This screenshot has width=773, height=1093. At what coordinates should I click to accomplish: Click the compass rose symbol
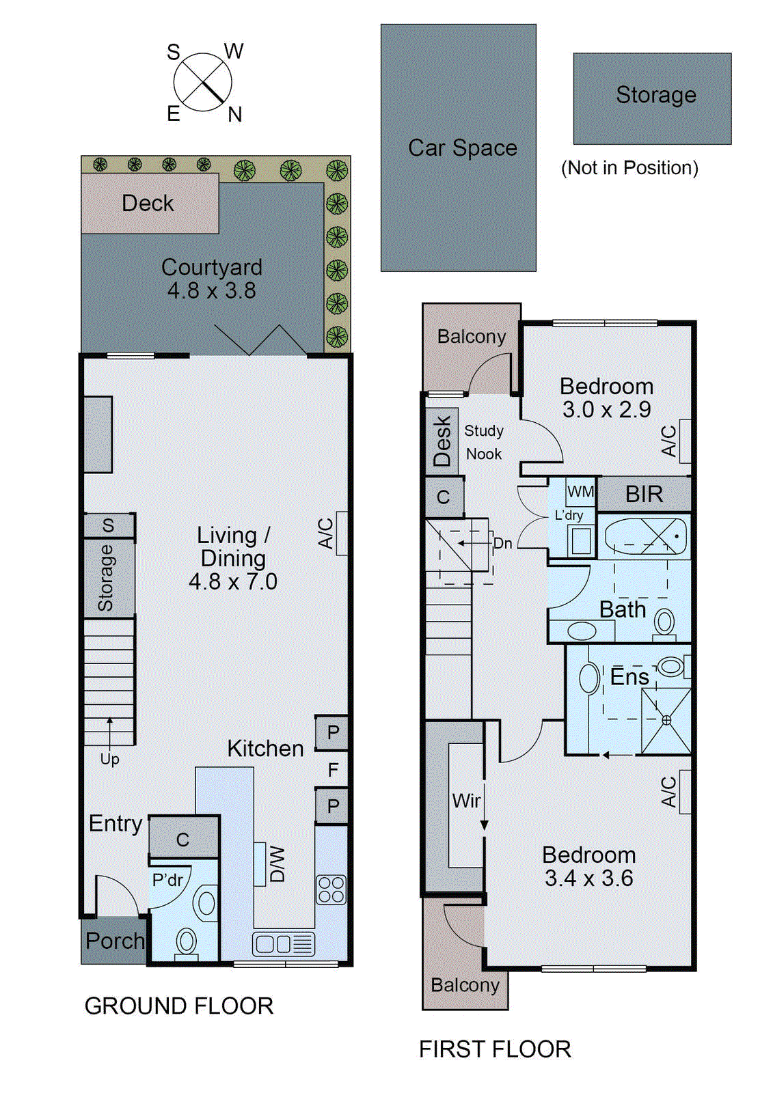tap(203, 83)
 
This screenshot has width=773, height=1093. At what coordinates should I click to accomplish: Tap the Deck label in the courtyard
tap(148, 204)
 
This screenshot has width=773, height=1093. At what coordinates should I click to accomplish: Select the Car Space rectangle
tap(459, 148)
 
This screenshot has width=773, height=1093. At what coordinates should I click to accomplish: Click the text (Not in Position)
tap(629, 168)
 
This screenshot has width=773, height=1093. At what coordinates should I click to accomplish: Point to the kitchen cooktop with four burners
tap(331, 889)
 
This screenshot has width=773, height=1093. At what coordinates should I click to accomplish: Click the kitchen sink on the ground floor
tap(283, 944)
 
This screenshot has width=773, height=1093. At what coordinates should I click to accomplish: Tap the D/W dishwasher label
tap(277, 864)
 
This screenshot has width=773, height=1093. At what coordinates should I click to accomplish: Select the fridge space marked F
tap(333, 770)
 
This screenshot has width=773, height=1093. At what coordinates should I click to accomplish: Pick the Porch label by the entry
tap(115, 941)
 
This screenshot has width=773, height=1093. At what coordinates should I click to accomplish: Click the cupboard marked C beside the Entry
tap(183, 839)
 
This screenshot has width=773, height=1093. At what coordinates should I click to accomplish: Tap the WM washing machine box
tap(581, 492)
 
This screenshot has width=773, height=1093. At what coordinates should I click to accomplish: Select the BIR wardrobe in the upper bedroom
tap(644, 494)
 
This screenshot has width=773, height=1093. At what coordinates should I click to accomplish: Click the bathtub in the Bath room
tap(645, 537)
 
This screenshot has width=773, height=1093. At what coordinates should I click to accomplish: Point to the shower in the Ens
tap(666, 720)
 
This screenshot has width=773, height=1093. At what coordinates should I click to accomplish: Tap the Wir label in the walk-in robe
tap(466, 801)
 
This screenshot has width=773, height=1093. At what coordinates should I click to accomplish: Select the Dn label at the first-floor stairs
tap(503, 544)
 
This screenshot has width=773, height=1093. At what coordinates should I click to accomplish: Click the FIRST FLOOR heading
tap(495, 1049)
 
